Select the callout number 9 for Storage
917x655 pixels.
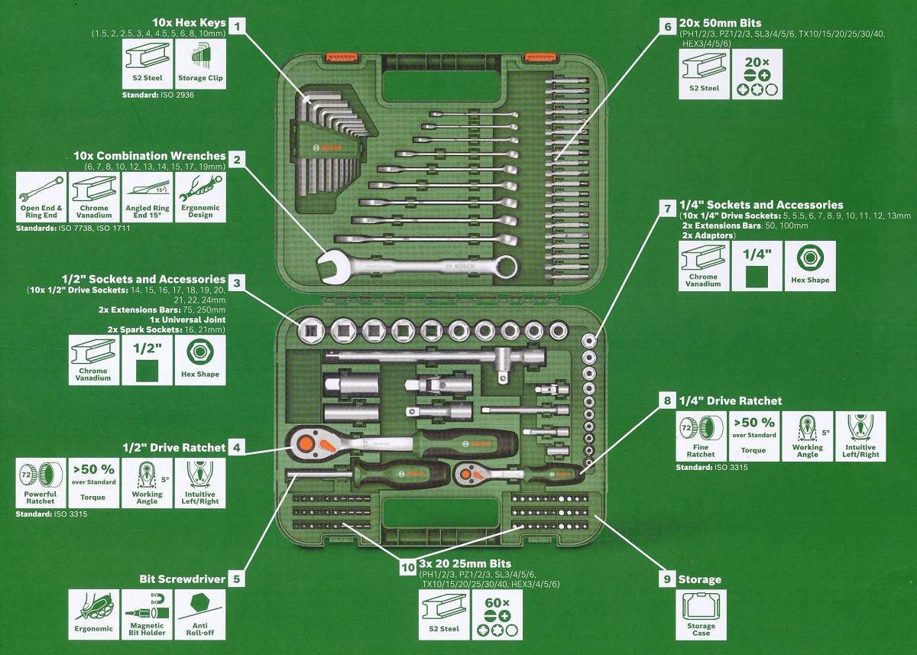pos(667,579)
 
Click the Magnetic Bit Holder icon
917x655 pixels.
pos(147,615)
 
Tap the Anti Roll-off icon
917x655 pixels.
pos(201,615)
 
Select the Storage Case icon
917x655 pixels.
pos(701,615)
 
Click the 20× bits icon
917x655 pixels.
pos(757,76)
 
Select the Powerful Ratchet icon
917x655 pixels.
pos(41,484)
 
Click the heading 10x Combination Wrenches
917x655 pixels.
pos(149,156)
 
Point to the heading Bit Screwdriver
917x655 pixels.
pos(182,579)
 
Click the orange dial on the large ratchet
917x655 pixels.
pos(304,441)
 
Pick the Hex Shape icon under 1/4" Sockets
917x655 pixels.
pos(810,264)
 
